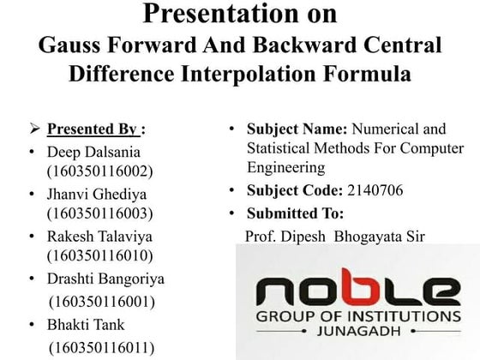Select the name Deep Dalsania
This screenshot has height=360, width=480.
(x=94, y=152)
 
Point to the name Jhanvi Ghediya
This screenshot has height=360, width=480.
(x=99, y=194)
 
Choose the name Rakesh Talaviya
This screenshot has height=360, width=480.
(x=100, y=236)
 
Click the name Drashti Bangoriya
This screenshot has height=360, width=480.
(x=106, y=279)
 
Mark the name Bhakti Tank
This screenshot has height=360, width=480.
(x=86, y=324)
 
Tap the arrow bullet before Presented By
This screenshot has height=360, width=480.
(x=35, y=130)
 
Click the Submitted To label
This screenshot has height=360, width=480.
(x=295, y=213)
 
